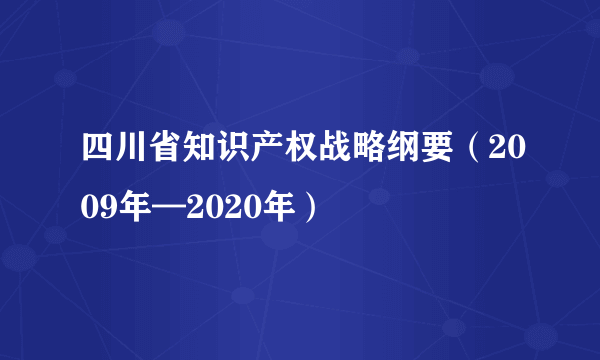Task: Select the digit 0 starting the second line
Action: click(x=88, y=209)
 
